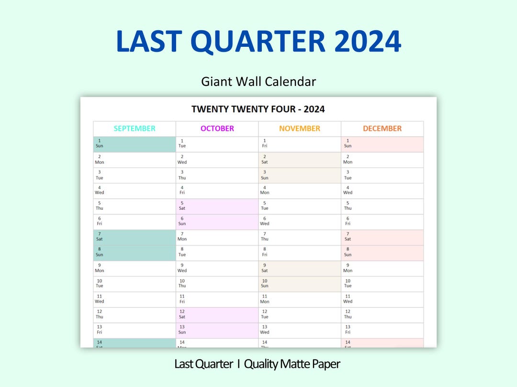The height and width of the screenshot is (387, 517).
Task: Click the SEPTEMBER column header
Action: tap(135, 129)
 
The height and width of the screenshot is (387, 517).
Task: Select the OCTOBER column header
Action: tap(217, 129)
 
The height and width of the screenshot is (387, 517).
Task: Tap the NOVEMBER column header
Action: tap(300, 129)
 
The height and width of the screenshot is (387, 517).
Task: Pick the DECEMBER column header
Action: tap(382, 129)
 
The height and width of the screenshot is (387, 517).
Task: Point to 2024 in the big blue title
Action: tap(368, 42)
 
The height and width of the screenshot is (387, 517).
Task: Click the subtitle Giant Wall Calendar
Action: tap(258, 82)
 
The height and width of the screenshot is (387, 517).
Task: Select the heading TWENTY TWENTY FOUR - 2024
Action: tap(258, 109)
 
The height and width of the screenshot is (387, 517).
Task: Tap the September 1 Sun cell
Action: tap(135, 144)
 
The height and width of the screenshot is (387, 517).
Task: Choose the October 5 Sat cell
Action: tap(217, 206)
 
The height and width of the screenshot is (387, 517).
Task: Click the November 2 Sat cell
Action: tap(300, 160)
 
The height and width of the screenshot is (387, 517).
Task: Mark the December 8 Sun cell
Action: tap(382, 252)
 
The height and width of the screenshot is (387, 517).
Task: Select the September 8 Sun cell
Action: tap(135, 252)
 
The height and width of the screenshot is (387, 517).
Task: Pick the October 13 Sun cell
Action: tap(217, 330)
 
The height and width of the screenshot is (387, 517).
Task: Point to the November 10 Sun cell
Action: tap(300, 283)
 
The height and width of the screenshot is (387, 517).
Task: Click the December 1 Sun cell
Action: tap(382, 144)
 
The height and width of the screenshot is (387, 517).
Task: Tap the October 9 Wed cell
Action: tap(217, 268)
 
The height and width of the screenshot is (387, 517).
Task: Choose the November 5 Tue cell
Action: tap(300, 206)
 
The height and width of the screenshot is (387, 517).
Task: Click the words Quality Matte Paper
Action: tap(292, 364)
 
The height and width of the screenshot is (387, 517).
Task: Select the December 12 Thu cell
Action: tap(382, 314)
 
